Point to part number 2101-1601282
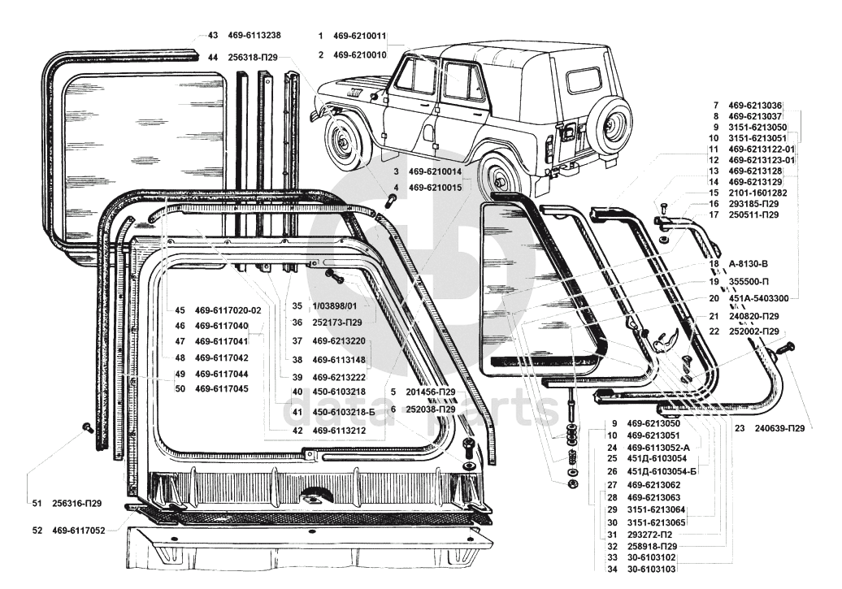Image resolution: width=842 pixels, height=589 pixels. coord(757,193)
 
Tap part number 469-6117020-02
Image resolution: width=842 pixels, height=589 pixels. coord(228,310)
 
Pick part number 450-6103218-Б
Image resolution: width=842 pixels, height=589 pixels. coord(344,411)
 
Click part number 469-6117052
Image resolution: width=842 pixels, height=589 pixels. coord(78,531)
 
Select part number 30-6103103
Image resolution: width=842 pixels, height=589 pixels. coord(651,570)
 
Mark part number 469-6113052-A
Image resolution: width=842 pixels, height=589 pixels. coord(658,447)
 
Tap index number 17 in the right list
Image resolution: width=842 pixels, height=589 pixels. coord(714,215)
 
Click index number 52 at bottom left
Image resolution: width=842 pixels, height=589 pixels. coord(37,531)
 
